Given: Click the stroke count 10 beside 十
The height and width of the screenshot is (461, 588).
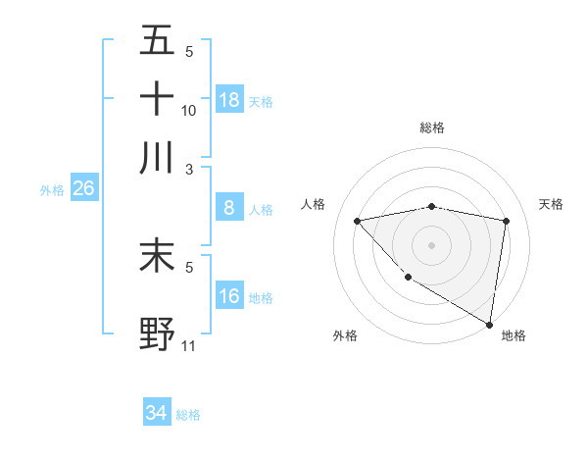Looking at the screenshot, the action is pyautogui.click(x=189, y=111).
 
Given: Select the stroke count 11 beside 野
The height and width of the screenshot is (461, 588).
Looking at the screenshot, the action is pyautogui.click(x=189, y=346).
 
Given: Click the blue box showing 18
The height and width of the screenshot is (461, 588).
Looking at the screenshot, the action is pyautogui.click(x=229, y=99).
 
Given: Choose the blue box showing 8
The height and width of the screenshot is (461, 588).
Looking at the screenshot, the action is pyautogui.click(x=229, y=208).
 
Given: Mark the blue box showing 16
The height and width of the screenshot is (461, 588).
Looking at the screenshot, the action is pyautogui.click(x=229, y=296).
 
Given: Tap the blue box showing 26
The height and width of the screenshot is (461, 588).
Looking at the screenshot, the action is pyautogui.click(x=83, y=189).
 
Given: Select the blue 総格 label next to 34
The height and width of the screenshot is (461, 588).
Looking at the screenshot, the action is pyautogui.click(x=188, y=415).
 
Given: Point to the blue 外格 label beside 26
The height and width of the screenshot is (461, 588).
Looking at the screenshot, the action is pyautogui.click(x=51, y=190).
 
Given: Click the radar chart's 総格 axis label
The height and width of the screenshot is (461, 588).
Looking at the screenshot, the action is pyautogui.click(x=431, y=128).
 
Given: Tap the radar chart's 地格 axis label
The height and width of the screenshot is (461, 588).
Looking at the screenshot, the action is pyautogui.click(x=514, y=335).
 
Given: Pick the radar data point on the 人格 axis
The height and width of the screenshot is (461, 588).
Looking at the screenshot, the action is pyautogui.click(x=358, y=221).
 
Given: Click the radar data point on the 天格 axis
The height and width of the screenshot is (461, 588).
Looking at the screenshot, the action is pyautogui.click(x=506, y=221).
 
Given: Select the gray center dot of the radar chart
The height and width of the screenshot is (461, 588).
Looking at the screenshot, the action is pyautogui.click(x=431, y=244).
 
